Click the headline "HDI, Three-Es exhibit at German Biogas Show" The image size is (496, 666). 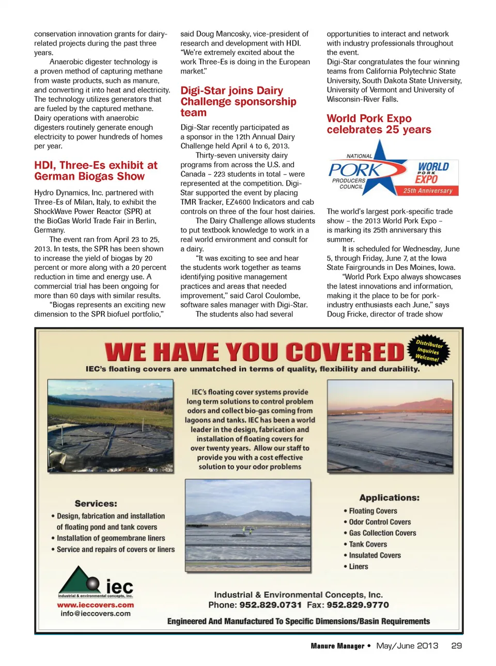click(x=96, y=171)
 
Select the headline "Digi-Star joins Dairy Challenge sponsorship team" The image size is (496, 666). click(x=238, y=102)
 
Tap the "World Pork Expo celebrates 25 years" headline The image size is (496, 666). click(x=379, y=124)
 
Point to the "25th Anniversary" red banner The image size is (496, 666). click(x=427, y=191)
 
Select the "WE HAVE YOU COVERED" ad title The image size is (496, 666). click(x=254, y=352)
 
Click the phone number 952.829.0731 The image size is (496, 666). click(x=270, y=605)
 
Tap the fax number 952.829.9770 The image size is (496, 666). click(x=358, y=605)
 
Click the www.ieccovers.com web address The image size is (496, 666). click(x=95, y=605)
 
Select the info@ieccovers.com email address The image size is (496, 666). click(x=95, y=614)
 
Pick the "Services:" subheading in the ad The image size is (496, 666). click(x=96, y=504)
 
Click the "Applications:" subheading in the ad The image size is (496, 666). click(x=389, y=498)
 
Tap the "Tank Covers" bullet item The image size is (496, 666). click(x=368, y=544)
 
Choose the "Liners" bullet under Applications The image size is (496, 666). click(x=359, y=567)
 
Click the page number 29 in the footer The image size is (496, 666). click(x=456, y=646)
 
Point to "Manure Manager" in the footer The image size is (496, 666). click(x=337, y=646)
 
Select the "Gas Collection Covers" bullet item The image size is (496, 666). click(x=382, y=533)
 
